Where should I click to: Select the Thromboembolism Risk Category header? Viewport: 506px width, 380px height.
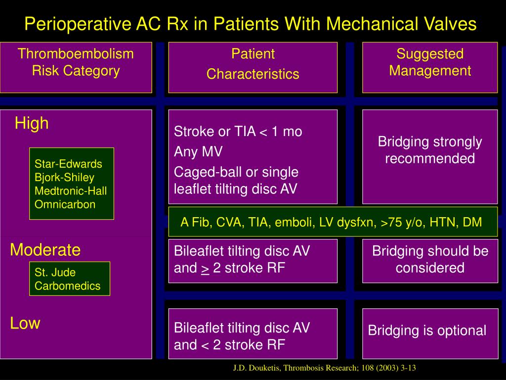76,62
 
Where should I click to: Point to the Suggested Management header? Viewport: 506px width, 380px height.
430,62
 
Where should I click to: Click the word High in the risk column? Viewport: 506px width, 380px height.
32,123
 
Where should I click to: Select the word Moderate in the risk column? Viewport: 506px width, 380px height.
45,250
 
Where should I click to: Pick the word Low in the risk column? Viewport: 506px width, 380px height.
25,324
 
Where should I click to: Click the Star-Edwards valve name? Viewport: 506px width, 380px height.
68,164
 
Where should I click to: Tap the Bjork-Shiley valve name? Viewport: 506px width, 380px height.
64,177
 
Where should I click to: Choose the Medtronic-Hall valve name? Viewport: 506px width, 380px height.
71,190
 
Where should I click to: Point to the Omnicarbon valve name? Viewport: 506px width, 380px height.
65,204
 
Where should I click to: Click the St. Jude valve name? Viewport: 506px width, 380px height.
55,272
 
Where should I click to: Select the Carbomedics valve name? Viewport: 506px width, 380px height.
67,285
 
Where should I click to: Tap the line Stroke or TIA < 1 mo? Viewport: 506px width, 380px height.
238,132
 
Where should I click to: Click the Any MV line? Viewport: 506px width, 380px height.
198,151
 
